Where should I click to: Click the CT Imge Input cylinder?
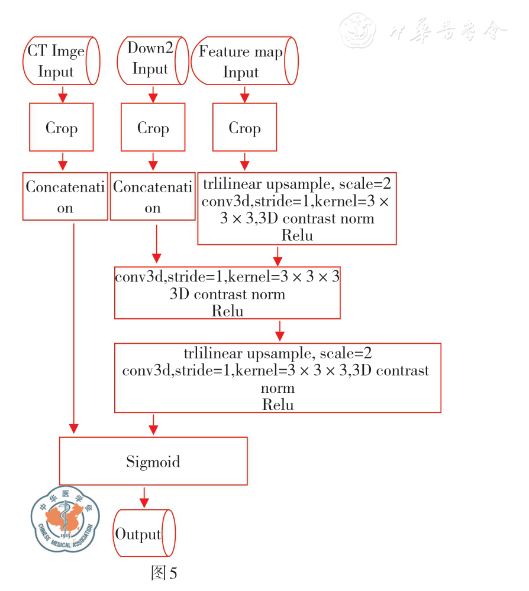tap(62, 61)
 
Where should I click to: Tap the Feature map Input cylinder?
tap(243, 62)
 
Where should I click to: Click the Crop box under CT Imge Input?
tap(62, 127)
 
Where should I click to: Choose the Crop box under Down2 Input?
tap(153, 127)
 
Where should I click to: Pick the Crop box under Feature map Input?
tap(244, 127)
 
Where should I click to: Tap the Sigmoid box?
tap(153, 461)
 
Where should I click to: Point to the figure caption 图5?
tap(164, 573)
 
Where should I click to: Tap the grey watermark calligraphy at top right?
tap(424, 30)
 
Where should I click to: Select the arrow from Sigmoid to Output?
tap(143, 496)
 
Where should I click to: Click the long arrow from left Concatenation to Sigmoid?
tap(74, 325)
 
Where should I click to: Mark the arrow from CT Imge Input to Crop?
tap(62, 93)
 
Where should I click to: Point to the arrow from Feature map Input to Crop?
tap(244, 95)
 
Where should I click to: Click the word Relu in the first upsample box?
tap(296, 235)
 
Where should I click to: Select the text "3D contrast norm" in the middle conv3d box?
tap(227, 294)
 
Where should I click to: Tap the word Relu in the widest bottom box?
tap(278, 405)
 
